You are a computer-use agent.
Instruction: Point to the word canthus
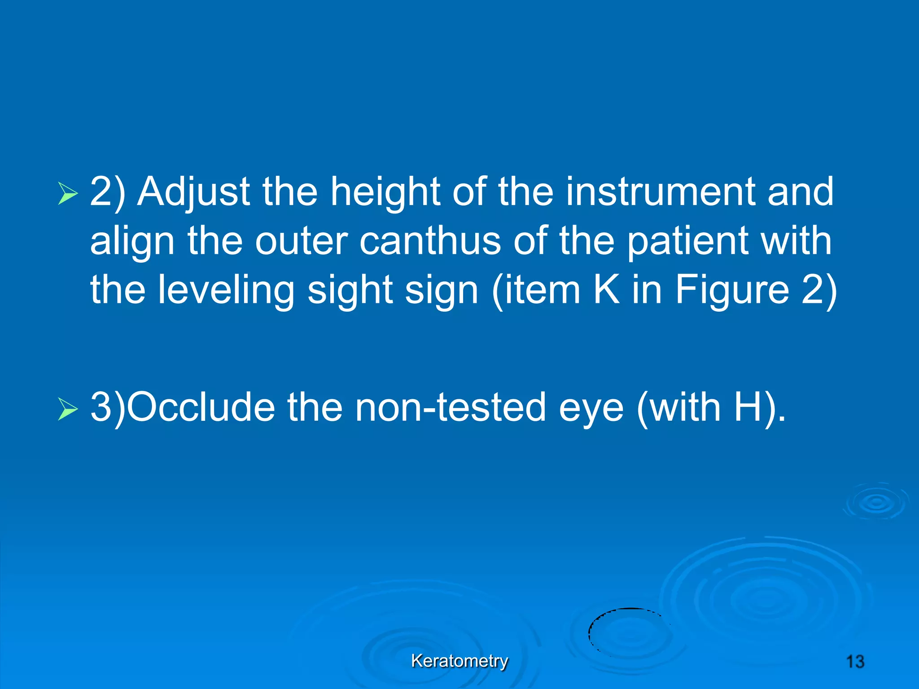tap(430, 241)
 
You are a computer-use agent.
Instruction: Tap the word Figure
tap(732, 290)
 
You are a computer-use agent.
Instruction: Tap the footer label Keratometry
tap(459, 661)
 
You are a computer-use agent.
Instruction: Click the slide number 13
tap(855, 662)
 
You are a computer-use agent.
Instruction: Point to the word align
tap(132, 241)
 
